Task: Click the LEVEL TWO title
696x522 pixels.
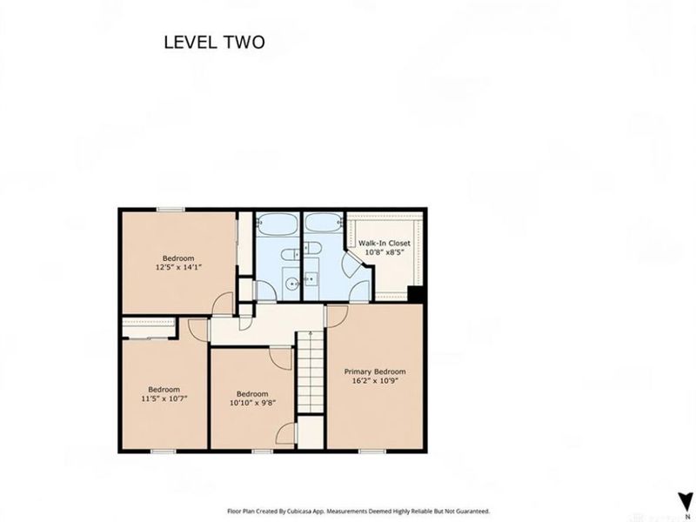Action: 214,42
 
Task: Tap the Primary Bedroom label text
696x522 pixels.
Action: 375,371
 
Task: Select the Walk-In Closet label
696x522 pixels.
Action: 385,244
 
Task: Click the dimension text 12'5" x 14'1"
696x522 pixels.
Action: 178,267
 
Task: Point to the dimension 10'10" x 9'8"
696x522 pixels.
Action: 252,403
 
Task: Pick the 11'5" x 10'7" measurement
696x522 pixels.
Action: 164,398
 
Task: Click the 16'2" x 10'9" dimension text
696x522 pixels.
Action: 375,380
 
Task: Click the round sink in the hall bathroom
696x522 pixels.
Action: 292,283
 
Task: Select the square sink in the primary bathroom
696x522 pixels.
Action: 311,278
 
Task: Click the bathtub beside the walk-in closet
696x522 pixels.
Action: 324,222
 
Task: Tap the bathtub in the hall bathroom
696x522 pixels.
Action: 278,224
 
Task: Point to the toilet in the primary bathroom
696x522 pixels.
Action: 311,249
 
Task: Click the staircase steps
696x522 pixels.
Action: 311,372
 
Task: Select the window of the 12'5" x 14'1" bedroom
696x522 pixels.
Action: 171,210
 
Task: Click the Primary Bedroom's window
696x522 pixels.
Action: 372,451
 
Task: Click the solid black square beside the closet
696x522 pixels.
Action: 416,294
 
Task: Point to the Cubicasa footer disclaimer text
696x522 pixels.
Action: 358,512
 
